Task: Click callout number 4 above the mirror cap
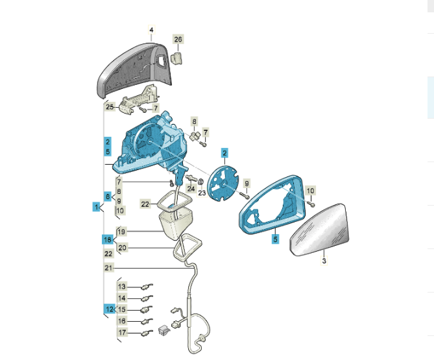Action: [x=151, y=30]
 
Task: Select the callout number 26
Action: [x=178, y=40]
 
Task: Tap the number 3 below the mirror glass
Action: [x=324, y=261]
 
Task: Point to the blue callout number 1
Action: [x=96, y=207]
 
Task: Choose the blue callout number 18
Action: [x=108, y=239]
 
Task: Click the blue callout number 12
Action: [x=110, y=309]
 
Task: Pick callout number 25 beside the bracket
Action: [x=110, y=107]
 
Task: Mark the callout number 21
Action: [x=108, y=268]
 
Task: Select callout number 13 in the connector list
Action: [x=122, y=287]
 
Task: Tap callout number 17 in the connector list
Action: [x=122, y=332]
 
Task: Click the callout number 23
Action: [x=202, y=193]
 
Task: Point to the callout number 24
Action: [x=191, y=189]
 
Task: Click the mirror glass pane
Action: [x=319, y=230]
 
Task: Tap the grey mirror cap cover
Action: [x=134, y=70]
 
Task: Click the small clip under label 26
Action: [x=176, y=58]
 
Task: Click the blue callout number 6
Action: [x=108, y=197]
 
